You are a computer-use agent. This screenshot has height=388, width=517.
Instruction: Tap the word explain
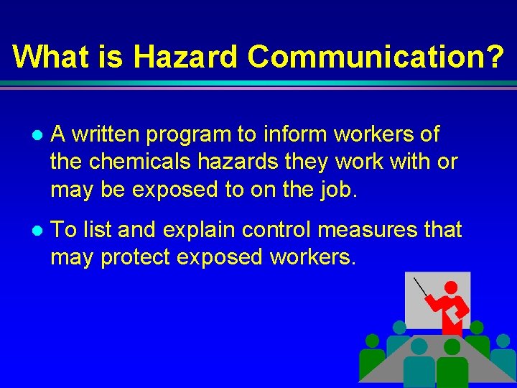(x=190, y=230)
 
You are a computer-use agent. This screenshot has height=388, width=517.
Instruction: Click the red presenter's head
(x=451, y=288)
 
